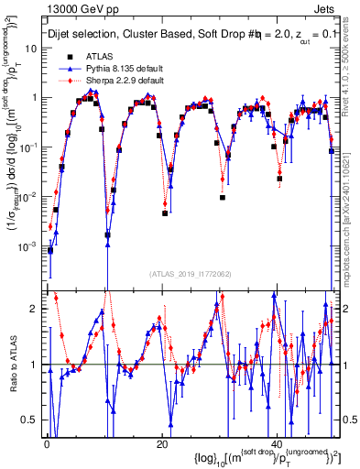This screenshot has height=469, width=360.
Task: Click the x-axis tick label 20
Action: [162, 444]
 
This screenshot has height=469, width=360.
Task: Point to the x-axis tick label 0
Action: [47, 444]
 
